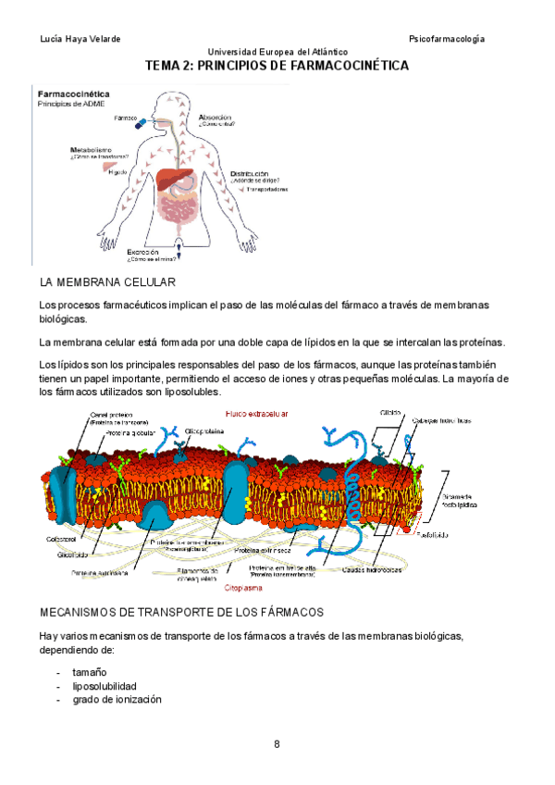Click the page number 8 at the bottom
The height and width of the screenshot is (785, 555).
277,744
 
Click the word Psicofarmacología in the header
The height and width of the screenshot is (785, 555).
447,39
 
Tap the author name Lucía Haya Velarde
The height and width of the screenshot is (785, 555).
81,39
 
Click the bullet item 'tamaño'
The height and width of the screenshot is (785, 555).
90,672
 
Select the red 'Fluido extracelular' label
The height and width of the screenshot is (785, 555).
257,414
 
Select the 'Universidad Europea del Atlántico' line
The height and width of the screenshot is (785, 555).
277,52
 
